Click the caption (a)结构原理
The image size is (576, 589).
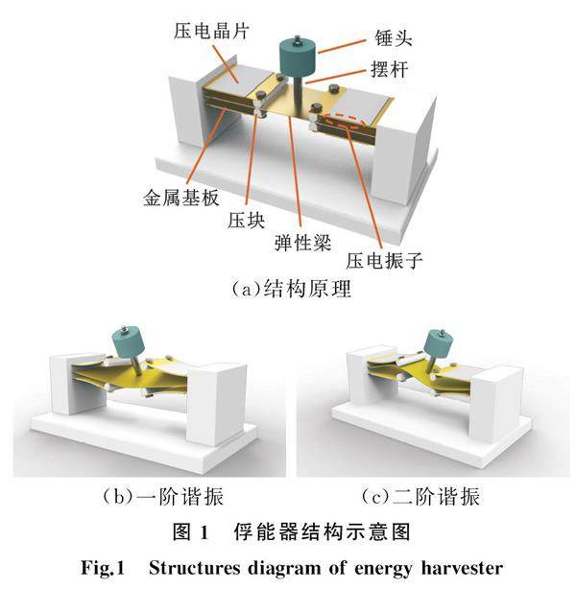287,288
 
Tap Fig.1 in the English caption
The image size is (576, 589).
101,565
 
